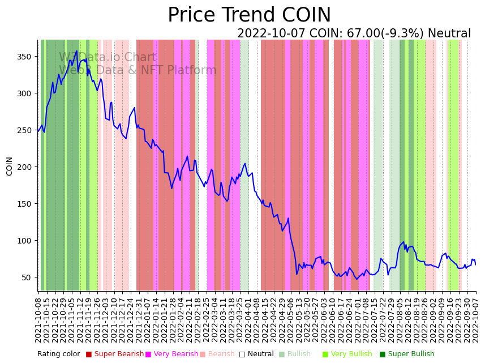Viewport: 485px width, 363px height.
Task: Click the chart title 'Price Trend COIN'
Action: tap(249, 15)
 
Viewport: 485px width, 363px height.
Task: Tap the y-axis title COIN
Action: tap(9, 166)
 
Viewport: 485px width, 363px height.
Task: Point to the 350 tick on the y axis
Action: tap(25, 57)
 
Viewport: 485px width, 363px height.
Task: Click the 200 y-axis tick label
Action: tap(25, 167)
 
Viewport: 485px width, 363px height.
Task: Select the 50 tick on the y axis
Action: tap(27, 277)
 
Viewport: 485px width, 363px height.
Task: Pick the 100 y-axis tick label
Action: tap(25, 241)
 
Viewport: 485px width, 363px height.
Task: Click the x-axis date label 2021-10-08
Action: tap(38, 319)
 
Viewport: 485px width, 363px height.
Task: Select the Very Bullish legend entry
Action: tap(351, 354)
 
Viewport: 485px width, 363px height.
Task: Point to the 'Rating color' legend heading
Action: tap(59, 354)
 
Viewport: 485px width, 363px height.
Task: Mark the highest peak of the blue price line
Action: tap(77, 51)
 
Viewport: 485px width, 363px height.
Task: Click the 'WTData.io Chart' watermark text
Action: tap(108, 57)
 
